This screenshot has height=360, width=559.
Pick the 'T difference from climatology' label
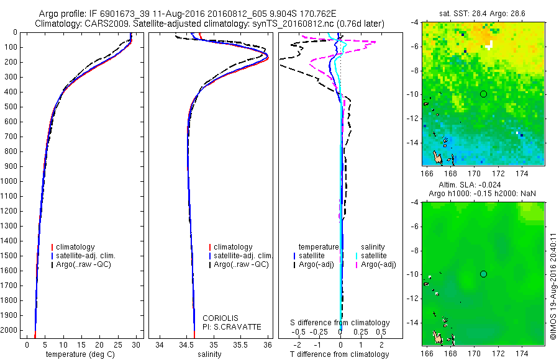click(x=339, y=354)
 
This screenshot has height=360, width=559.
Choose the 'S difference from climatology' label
click(x=340, y=323)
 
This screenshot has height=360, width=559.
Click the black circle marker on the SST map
click(x=483, y=94)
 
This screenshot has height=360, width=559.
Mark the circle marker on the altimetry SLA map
click(x=483, y=274)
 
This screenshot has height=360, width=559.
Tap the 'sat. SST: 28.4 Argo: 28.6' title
click(x=483, y=13)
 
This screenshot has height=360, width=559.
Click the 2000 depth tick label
click(x=10, y=330)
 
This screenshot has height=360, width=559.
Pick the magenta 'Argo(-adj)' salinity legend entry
click(x=378, y=265)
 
